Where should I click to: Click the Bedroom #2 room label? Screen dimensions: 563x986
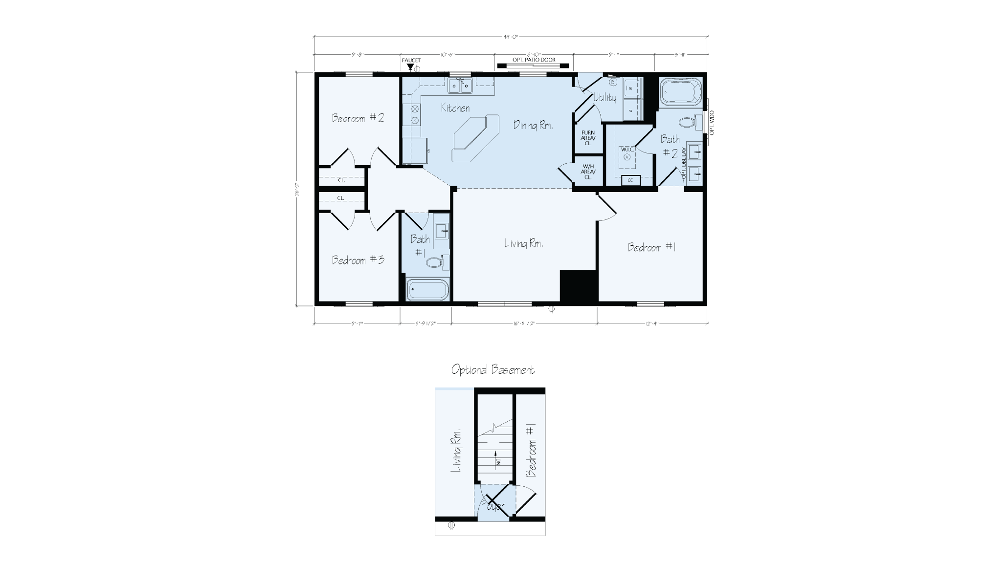click(358, 118)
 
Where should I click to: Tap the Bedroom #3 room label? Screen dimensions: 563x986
click(358, 260)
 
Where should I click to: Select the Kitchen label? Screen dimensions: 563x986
click(455, 108)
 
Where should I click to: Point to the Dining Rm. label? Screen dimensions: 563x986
click(533, 125)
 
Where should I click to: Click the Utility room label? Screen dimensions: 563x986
click(605, 98)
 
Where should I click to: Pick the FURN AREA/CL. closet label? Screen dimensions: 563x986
click(588, 138)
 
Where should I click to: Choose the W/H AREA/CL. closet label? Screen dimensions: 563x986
click(588, 172)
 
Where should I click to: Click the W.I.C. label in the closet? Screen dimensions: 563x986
click(627, 149)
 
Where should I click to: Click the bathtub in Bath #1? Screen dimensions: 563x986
click(427, 290)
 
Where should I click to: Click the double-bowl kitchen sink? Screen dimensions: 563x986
click(461, 87)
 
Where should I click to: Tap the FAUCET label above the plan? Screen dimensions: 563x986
click(411, 61)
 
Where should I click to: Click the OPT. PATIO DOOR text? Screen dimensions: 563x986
click(534, 60)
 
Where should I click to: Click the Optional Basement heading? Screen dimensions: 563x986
click(493, 370)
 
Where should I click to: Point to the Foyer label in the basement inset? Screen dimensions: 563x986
click(493, 506)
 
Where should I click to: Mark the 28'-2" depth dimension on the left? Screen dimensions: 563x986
click(296, 189)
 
